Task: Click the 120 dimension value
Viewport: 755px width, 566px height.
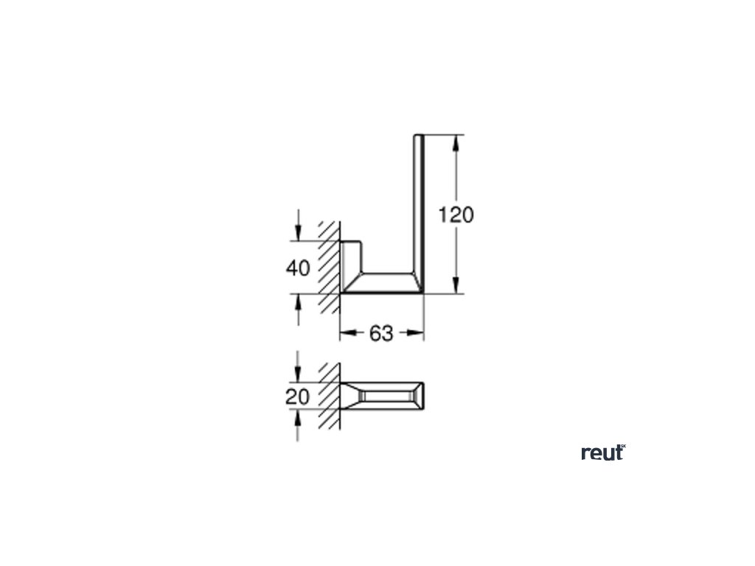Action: point(456,215)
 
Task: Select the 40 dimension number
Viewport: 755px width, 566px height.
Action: point(298,268)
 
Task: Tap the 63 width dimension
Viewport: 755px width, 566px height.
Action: point(381,334)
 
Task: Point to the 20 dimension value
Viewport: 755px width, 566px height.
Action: point(297,396)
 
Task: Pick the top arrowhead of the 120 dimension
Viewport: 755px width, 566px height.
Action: point(456,141)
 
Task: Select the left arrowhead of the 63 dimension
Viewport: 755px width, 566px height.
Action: point(345,334)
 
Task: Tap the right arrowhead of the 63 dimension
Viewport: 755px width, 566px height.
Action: point(419,334)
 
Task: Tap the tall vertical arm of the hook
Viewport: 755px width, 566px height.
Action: point(419,206)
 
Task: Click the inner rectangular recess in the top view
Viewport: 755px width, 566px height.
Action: point(384,396)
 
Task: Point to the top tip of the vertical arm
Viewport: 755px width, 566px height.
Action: point(419,136)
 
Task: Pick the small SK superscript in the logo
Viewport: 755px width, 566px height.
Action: point(622,447)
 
